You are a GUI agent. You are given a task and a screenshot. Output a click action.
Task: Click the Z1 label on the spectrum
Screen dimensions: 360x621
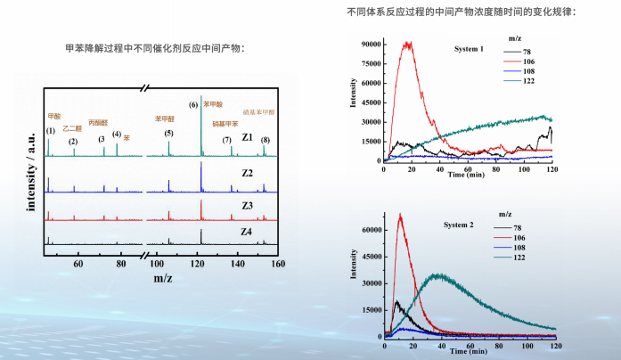[x=247, y=138]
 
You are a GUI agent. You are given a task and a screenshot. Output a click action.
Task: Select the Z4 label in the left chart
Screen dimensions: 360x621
[x=247, y=232]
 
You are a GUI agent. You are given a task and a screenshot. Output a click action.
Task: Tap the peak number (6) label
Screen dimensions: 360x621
[x=193, y=105]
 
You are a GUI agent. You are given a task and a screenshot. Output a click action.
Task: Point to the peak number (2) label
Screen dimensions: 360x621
[x=73, y=142]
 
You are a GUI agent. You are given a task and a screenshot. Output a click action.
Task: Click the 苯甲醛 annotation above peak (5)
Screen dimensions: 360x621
[x=165, y=118]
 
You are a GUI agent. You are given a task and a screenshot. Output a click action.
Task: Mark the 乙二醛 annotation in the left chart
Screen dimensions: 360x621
[x=70, y=128]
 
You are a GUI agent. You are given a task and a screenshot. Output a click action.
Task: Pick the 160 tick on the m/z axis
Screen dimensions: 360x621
[x=278, y=265]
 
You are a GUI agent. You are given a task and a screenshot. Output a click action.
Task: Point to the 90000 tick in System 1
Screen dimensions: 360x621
[x=371, y=44]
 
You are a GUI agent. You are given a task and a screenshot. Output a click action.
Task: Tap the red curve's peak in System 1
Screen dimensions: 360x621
[x=408, y=43]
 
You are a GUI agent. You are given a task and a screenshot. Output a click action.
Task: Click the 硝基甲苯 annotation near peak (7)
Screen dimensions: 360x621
[x=225, y=124]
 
